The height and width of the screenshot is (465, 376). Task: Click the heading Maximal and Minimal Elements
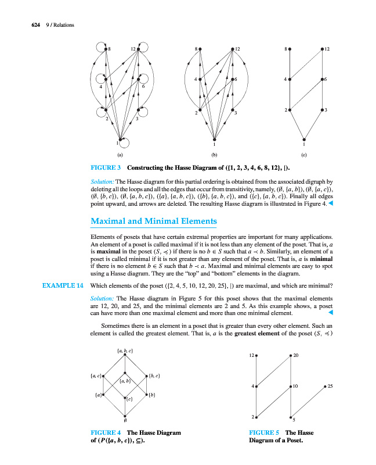coord(154,221)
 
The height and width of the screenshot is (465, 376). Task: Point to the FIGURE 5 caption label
coord(265,432)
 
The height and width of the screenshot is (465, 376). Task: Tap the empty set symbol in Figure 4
coord(125,421)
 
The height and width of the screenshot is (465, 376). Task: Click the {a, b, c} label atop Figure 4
coord(125,351)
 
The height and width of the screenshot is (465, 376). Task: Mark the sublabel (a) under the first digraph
coord(120,155)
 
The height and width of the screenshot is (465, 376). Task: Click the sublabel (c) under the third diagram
coord(304,155)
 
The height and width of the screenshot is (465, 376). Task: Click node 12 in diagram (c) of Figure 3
coord(321,49)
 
